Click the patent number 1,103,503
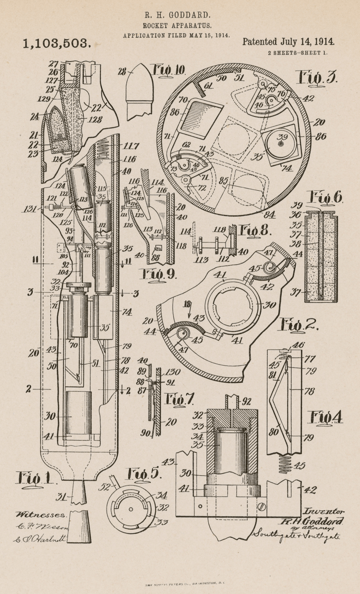coord(57,44)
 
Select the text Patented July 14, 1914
coord(288,42)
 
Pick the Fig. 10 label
coord(169,70)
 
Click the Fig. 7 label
coord(180,399)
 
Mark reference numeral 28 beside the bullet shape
coord(122,71)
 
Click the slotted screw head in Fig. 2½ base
coord(262,507)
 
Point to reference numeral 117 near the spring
coord(133,146)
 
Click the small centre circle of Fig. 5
coord(131,509)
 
